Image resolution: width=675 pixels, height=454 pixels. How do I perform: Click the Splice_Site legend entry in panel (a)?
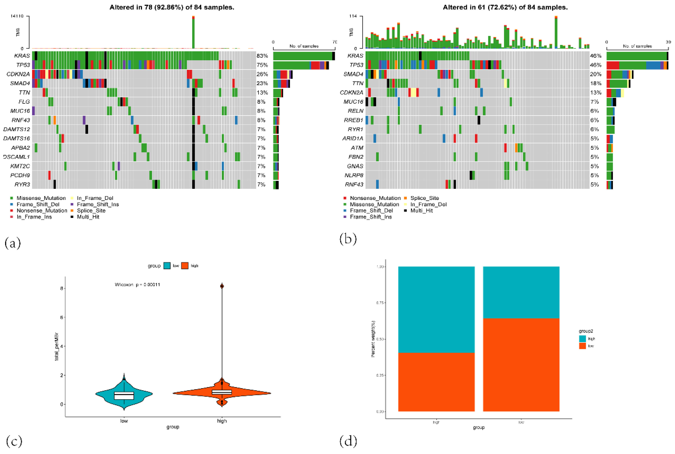tap(91, 211)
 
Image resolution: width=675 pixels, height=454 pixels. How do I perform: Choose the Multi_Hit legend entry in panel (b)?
tap(421, 211)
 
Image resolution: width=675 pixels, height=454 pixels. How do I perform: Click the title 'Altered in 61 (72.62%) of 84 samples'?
tap(505, 7)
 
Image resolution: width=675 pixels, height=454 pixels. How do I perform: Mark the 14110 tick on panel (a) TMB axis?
tap(17, 16)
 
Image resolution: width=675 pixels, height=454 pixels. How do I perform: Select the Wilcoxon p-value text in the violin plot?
tap(137, 285)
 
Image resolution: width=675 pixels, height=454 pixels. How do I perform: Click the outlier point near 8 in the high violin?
tap(222, 286)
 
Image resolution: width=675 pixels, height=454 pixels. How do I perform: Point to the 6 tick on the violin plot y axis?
tap(61, 317)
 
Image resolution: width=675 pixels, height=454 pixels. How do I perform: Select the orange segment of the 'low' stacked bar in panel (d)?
tap(521, 365)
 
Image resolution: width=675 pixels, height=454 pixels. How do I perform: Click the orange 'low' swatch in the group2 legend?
tap(582, 346)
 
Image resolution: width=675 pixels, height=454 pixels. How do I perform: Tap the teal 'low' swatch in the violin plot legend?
tap(167, 266)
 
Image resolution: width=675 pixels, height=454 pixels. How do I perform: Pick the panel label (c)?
tap(13, 441)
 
